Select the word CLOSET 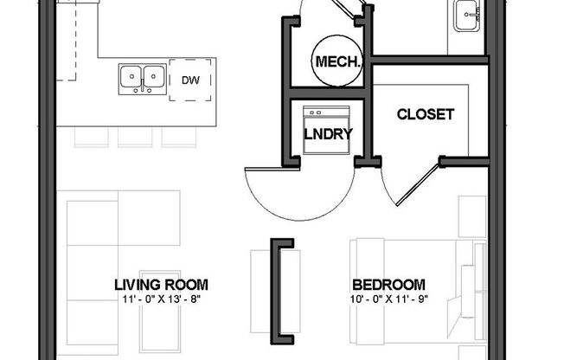point(425,114)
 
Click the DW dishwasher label point(191,80)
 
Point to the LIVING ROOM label point(161,284)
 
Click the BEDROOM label point(388,284)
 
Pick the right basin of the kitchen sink point(154,77)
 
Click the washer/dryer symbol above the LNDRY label point(325,117)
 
